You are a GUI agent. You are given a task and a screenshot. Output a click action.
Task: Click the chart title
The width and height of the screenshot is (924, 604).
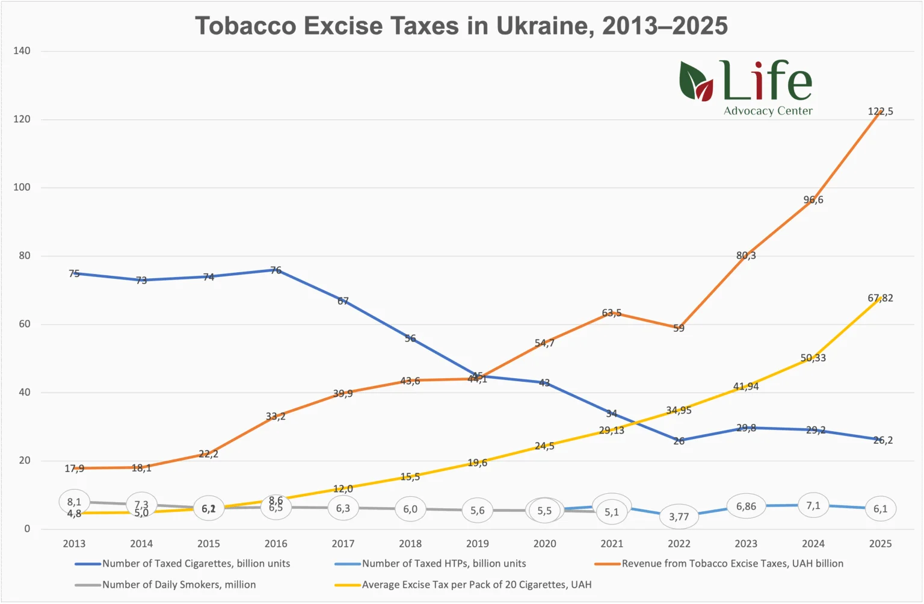[461, 26]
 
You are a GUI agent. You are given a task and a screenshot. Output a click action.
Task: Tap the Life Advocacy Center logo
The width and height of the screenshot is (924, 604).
[746, 88]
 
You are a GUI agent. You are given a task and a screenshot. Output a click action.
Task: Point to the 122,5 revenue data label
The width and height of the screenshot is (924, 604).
[880, 111]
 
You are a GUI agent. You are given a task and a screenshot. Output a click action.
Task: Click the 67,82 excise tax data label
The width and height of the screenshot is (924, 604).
[880, 298]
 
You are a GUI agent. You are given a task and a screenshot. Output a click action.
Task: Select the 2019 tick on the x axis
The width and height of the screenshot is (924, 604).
[477, 544]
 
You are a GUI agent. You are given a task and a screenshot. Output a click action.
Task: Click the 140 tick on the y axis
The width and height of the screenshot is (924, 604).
[22, 51]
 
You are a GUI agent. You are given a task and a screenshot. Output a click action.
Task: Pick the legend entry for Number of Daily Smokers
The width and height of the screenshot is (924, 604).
[179, 585]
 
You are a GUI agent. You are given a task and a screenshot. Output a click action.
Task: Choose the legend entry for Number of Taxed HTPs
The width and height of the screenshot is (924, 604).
[443, 564]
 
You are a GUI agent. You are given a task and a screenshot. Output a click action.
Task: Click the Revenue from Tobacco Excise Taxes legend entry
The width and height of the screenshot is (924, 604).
[732, 564]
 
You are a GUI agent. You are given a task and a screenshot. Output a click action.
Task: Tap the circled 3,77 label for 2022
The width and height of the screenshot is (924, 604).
[679, 517]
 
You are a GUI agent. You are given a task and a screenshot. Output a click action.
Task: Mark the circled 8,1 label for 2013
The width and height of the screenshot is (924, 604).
[74, 502]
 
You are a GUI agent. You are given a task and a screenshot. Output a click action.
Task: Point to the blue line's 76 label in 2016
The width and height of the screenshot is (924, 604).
[276, 270]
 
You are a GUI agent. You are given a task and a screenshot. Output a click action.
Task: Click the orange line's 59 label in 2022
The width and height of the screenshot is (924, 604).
[679, 328]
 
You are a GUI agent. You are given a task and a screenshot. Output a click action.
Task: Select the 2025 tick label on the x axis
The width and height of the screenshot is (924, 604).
[880, 544]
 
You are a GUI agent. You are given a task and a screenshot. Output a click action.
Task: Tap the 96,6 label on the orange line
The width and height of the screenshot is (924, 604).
[813, 200]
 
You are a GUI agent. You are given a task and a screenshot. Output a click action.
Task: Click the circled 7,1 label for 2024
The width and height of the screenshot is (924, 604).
[813, 506]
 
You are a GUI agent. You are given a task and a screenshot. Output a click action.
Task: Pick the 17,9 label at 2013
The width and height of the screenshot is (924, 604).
[74, 469]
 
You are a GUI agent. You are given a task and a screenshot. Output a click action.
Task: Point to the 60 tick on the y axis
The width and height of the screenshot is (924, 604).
[24, 324]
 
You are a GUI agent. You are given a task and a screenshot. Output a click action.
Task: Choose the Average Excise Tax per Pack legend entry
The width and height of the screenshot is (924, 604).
[476, 585]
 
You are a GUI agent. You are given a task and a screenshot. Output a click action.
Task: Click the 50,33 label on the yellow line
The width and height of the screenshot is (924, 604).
[813, 358]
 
